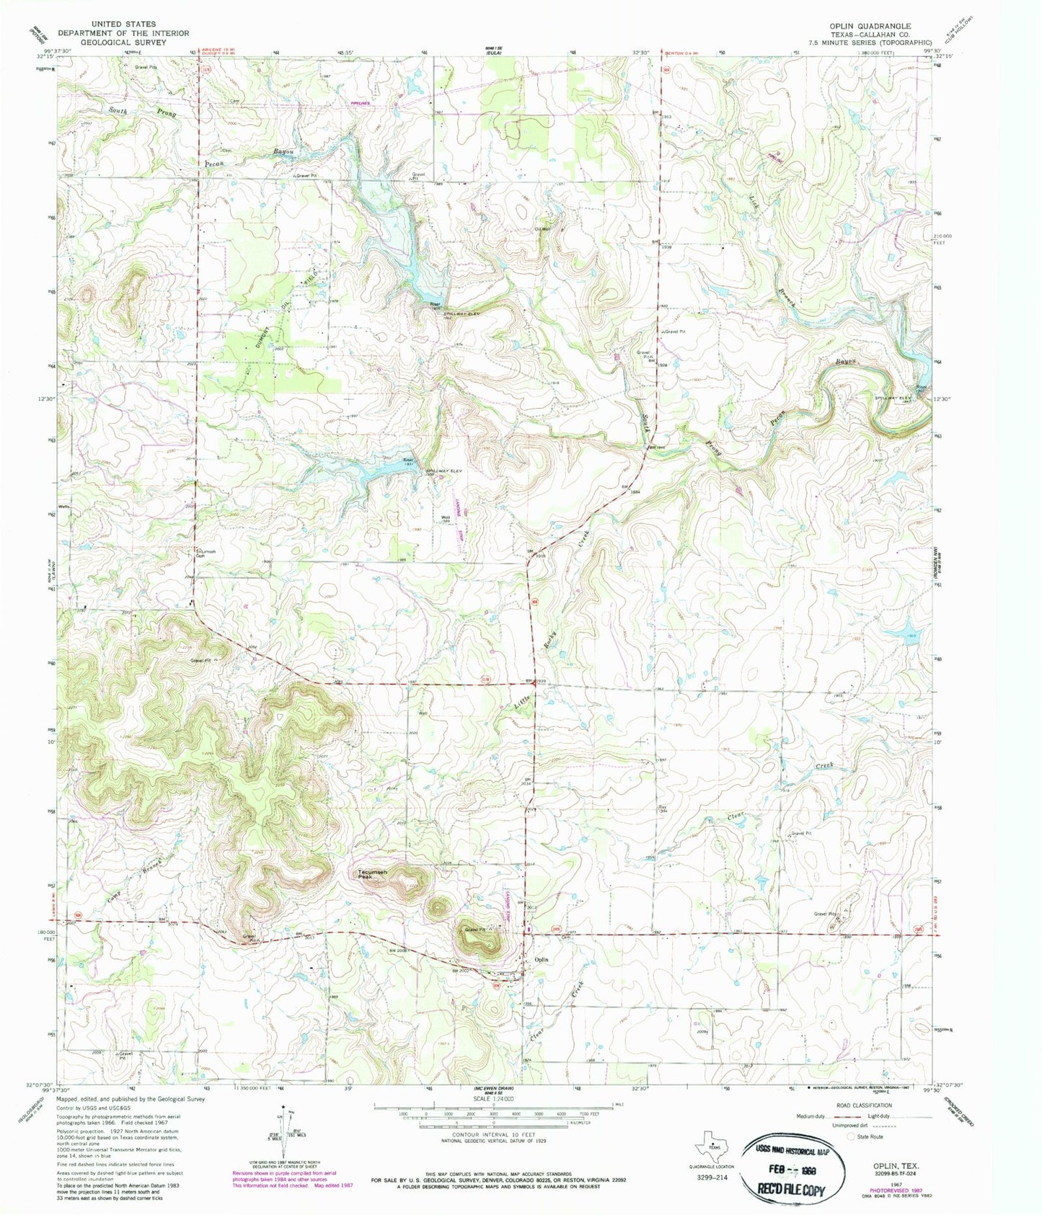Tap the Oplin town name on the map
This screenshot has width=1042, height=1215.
click(x=541, y=959)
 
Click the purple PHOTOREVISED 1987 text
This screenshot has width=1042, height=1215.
click(x=894, y=1170)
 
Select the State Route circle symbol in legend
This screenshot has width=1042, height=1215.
click(x=852, y=1136)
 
